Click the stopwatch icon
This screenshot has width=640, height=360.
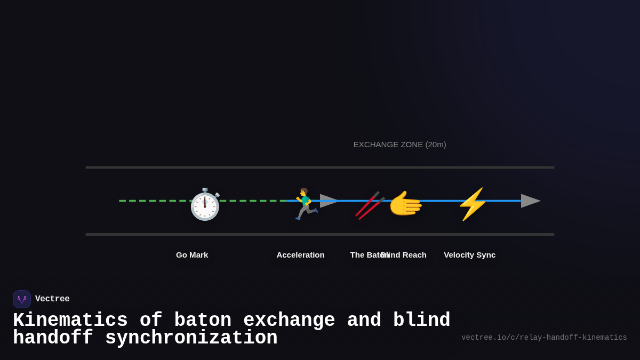205,205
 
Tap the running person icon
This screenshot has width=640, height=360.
305,204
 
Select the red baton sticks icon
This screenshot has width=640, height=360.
370,205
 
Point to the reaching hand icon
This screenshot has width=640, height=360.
405,204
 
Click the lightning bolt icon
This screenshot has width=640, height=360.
472,204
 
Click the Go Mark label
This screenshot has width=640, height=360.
192,255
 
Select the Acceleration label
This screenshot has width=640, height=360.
300,255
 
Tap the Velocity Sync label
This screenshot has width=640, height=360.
469,255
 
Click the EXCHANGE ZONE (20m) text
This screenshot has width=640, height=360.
399,145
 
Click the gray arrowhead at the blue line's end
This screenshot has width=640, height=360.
530,201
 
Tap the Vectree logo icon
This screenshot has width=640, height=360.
22,299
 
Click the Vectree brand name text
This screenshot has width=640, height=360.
52,299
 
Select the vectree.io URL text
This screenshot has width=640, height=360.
544,338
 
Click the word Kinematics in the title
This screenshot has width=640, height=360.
70,321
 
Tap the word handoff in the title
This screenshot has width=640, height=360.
53,338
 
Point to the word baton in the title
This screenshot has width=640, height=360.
203,321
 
